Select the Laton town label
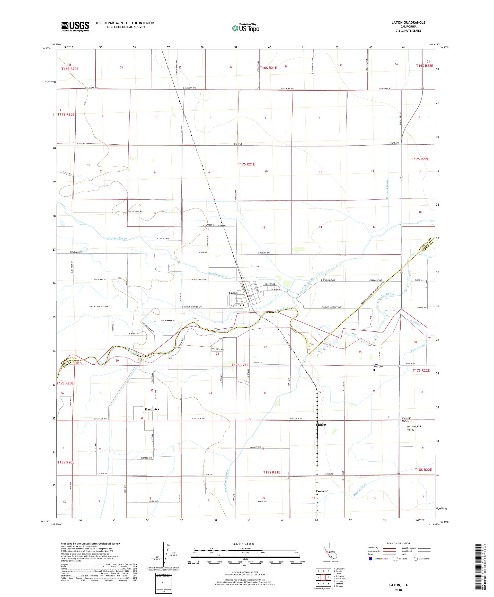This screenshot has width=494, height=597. point(233,293)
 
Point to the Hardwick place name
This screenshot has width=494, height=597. point(152,409)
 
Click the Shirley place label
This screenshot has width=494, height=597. point(321,424)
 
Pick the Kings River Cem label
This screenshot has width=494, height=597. point(378,366)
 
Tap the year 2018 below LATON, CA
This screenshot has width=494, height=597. point(398,589)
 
